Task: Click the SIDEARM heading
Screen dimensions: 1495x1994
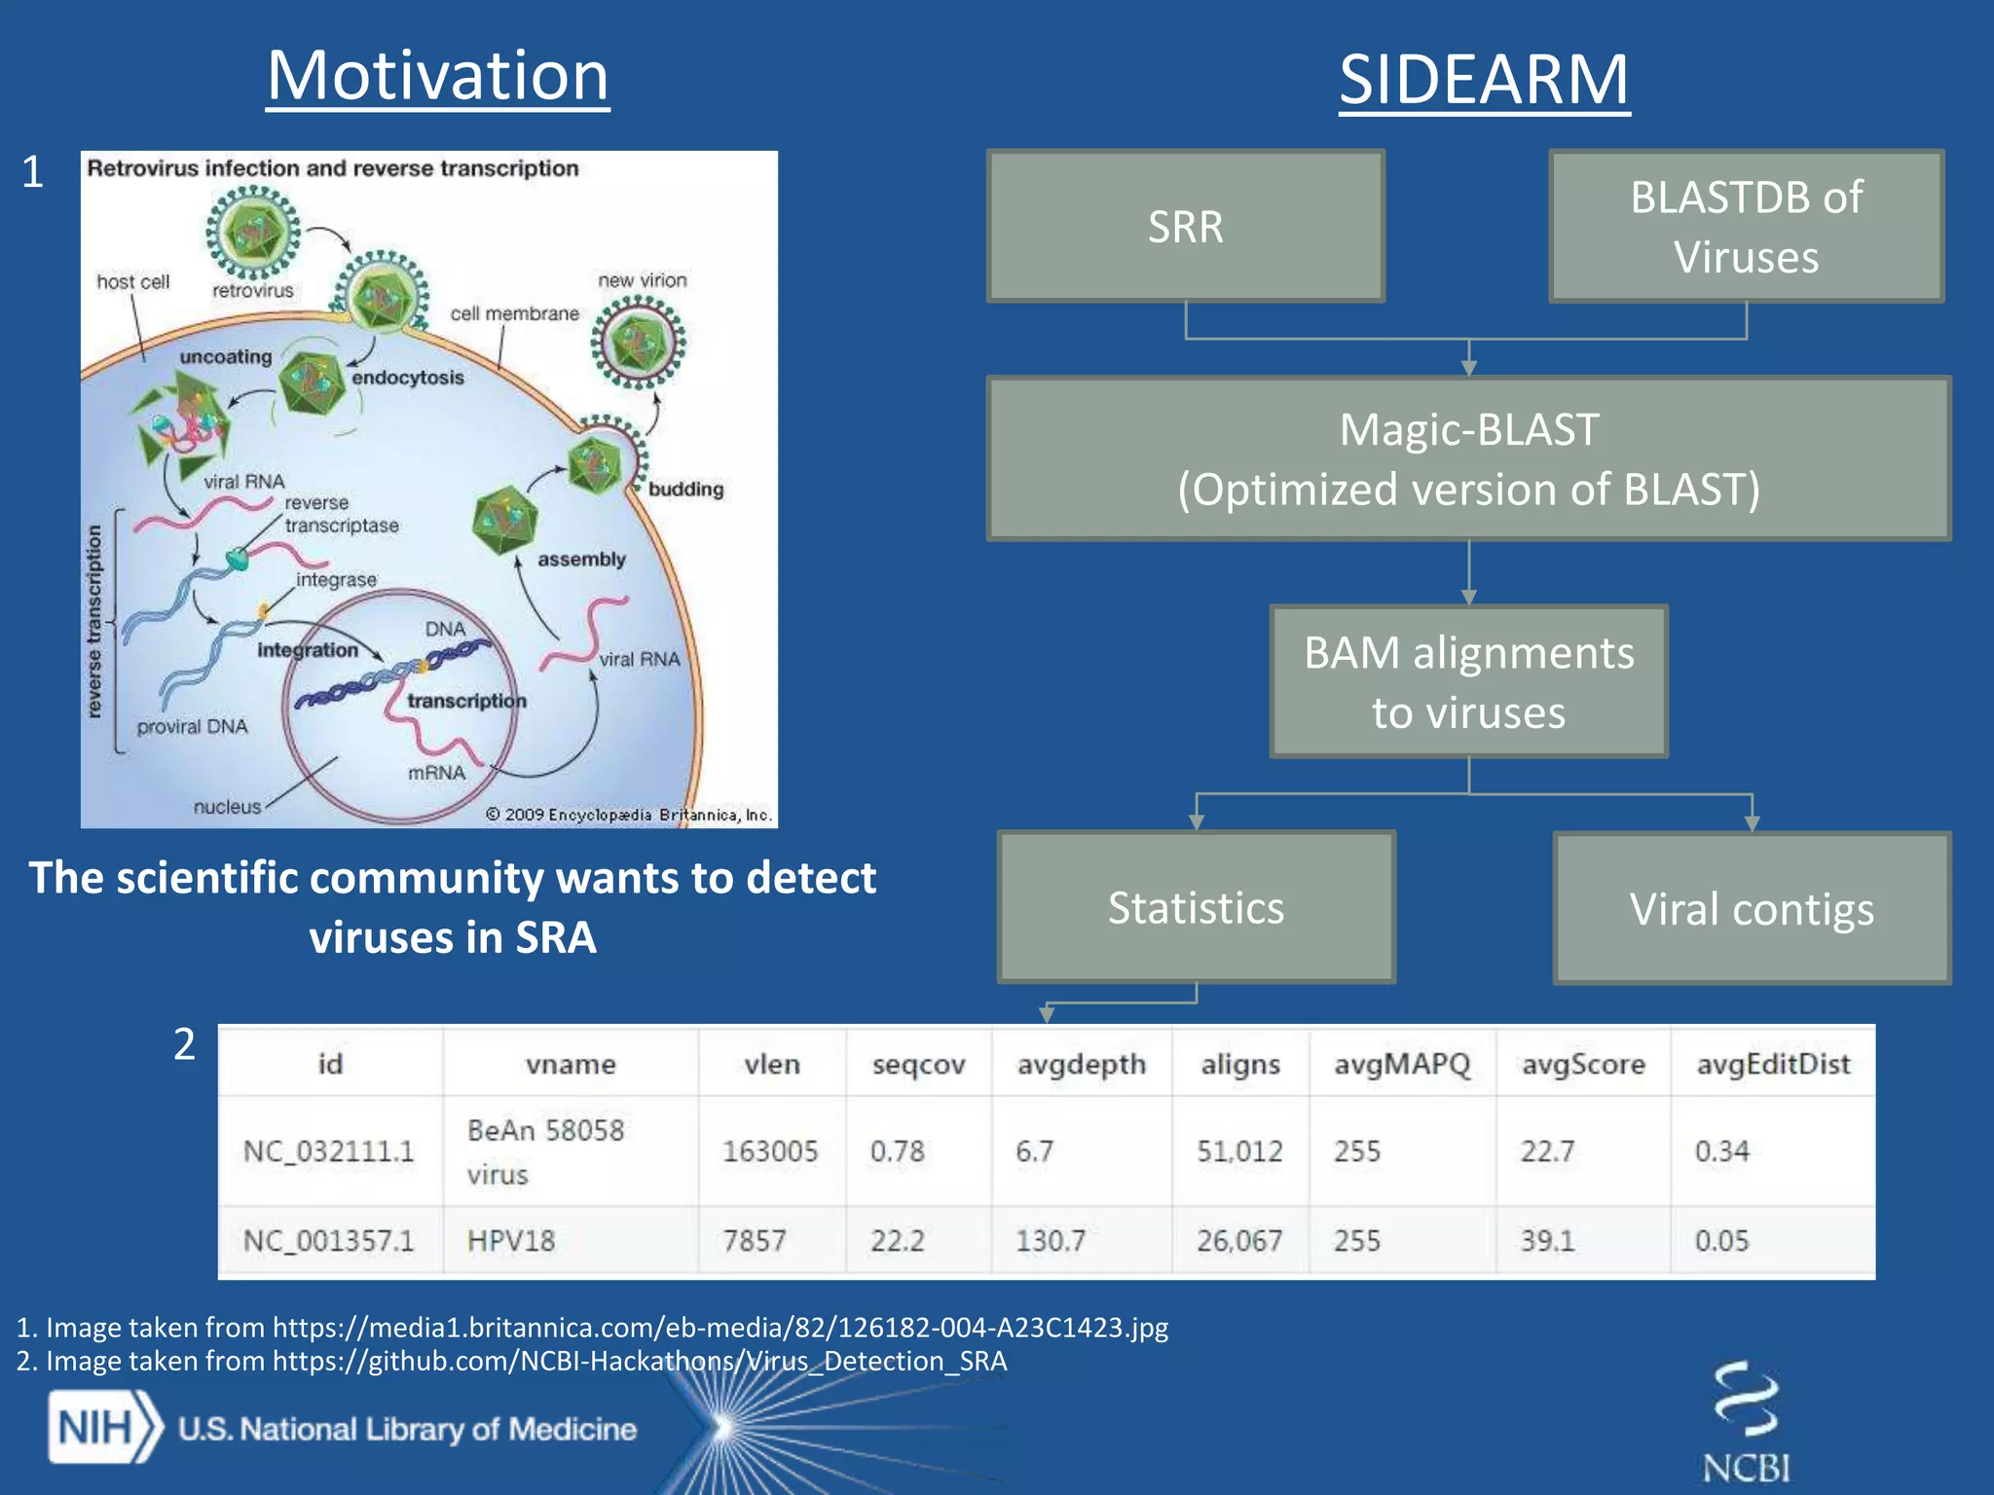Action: point(1483,80)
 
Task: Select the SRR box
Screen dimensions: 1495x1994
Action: point(1185,227)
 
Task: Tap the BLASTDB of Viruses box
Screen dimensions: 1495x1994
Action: point(1746,227)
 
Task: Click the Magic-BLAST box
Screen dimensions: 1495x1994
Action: point(1468,458)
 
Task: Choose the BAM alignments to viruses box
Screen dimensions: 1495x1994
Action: point(1468,681)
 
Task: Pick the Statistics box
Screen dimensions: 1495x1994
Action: point(1196,907)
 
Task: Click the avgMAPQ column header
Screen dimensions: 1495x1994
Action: point(1401,1064)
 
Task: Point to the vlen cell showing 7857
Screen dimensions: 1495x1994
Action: point(754,1241)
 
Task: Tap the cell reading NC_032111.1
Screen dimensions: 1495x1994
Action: point(328,1151)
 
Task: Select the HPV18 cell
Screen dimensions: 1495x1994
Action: point(510,1241)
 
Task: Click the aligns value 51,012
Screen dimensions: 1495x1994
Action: point(1239,1151)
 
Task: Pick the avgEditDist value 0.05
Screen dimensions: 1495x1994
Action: point(1721,1241)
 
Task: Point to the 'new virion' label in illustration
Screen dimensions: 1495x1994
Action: point(642,280)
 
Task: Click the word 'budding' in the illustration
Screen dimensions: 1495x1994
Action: point(685,489)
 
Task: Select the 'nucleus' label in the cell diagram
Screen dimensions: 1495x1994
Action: point(227,807)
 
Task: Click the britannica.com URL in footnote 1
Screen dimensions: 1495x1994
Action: point(720,1328)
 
